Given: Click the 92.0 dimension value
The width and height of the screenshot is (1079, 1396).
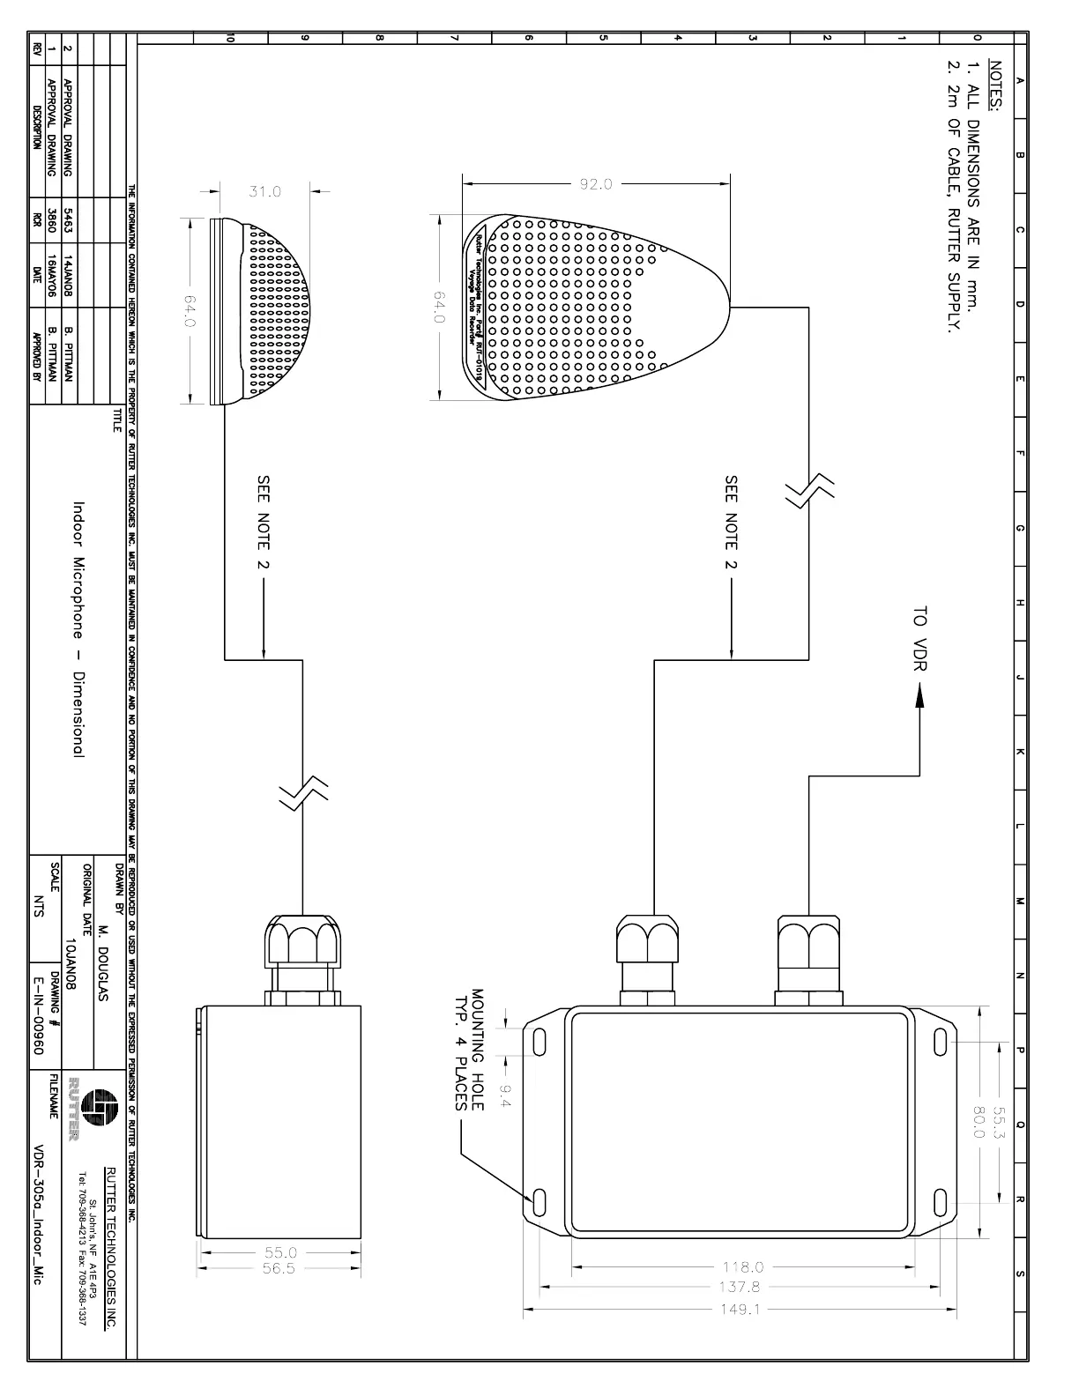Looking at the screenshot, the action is (x=596, y=184).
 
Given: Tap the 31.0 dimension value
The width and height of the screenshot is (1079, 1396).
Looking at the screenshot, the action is (x=264, y=191).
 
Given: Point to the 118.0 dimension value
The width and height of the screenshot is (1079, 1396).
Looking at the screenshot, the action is (x=743, y=1267).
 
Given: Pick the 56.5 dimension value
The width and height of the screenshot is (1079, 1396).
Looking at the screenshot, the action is (x=280, y=1268).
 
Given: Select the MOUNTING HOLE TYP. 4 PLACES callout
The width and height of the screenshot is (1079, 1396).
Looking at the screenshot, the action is (x=469, y=1049).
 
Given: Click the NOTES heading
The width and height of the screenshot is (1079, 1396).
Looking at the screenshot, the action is (x=997, y=87).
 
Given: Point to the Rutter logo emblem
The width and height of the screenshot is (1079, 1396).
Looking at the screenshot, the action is (x=98, y=1104).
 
